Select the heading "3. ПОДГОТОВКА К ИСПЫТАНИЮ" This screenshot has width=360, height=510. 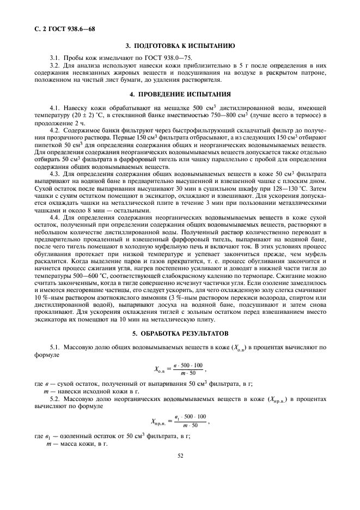point(180,46)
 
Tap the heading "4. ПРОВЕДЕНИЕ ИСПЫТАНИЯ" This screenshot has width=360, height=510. point(180,93)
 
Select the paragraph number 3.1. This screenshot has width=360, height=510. point(54,57)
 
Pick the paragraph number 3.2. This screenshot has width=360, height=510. point(54,65)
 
